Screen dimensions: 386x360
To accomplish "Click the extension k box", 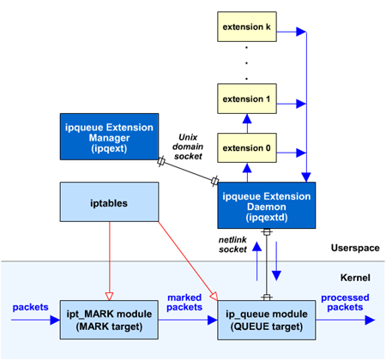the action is pyautogui.click(x=247, y=27).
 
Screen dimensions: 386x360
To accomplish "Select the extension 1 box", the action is pyautogui.click(x=247, y=99).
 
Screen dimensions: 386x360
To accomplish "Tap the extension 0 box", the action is pyautogui.click(x=247, y=148).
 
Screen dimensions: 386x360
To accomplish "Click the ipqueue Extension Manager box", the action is pyautogui.click(x=109, y=137).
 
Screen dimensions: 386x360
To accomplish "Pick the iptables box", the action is pyautogui.click(x=109, y=202).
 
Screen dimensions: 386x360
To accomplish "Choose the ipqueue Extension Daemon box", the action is pyautogui.click(x=267, y=206).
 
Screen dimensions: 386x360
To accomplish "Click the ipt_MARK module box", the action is pyautogui.click(x=109, y=320).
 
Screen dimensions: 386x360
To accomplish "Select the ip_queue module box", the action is pyautogui.click(x=267, y=320).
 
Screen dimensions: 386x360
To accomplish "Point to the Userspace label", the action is pyautogui.click(x=355, y=248).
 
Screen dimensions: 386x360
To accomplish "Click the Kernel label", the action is pyautogui.click(x=355, y=278).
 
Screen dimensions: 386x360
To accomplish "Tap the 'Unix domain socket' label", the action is pyautogui.click(x=188, y=147).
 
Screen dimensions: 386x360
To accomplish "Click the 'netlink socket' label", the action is pyautogui.click(x=232, y=244).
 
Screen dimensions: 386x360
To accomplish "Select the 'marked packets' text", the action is pyautogui.click(x=184, y=303).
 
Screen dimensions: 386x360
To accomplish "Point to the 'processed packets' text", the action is pyautogui.click(x=345, y=303).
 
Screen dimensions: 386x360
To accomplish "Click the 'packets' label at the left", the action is pyautogui.click(x=30, y=307).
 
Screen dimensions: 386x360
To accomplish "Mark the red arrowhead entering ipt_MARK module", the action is pyautogui.click(x=109, y=297).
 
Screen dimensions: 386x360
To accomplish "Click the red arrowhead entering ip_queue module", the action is pyautogui.click(x=214, y=297).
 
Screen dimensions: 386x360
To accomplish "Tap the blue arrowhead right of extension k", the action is pyautogui.click(x=301, y=32).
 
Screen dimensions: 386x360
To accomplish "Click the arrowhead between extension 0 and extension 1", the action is pyautogui.click(x=247, y=119).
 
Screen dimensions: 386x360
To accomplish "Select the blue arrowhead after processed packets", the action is pyautogui.click(x=370, y=320).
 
